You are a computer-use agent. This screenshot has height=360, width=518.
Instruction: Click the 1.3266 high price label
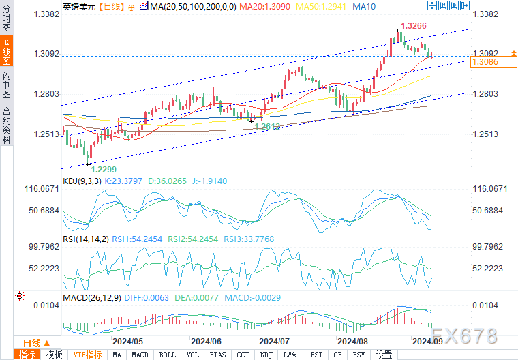click(x=415, y=26)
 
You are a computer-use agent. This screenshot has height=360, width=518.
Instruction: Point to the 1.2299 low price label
click(x=104, y=169)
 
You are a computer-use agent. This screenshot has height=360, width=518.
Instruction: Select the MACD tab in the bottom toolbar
click(x=140, y=355)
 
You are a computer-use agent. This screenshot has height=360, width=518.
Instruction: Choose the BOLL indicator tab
click(x=166, y=355)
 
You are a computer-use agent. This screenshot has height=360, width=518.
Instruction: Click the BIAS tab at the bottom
click(x=217, y=355)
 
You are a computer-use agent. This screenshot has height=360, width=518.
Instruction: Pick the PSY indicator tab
click(x=359, y=355)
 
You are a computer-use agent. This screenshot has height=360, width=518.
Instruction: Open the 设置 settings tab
click(x=384, y=355)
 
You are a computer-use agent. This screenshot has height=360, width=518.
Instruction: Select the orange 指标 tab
click(x=27, y=355)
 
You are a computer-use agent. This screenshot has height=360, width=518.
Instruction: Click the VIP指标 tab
click(x=87, y=355)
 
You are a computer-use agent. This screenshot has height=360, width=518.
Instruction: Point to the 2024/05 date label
click(x=127, y=341)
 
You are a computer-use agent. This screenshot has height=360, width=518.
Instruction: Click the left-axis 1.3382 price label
click(x=44, y=14)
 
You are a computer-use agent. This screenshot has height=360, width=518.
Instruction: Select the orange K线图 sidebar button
click(x=6, y=50)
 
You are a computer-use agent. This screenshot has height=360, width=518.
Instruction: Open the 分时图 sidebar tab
click(x=6, y=18)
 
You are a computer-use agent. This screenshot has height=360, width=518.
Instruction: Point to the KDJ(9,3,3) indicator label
click(x=82, y=181)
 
